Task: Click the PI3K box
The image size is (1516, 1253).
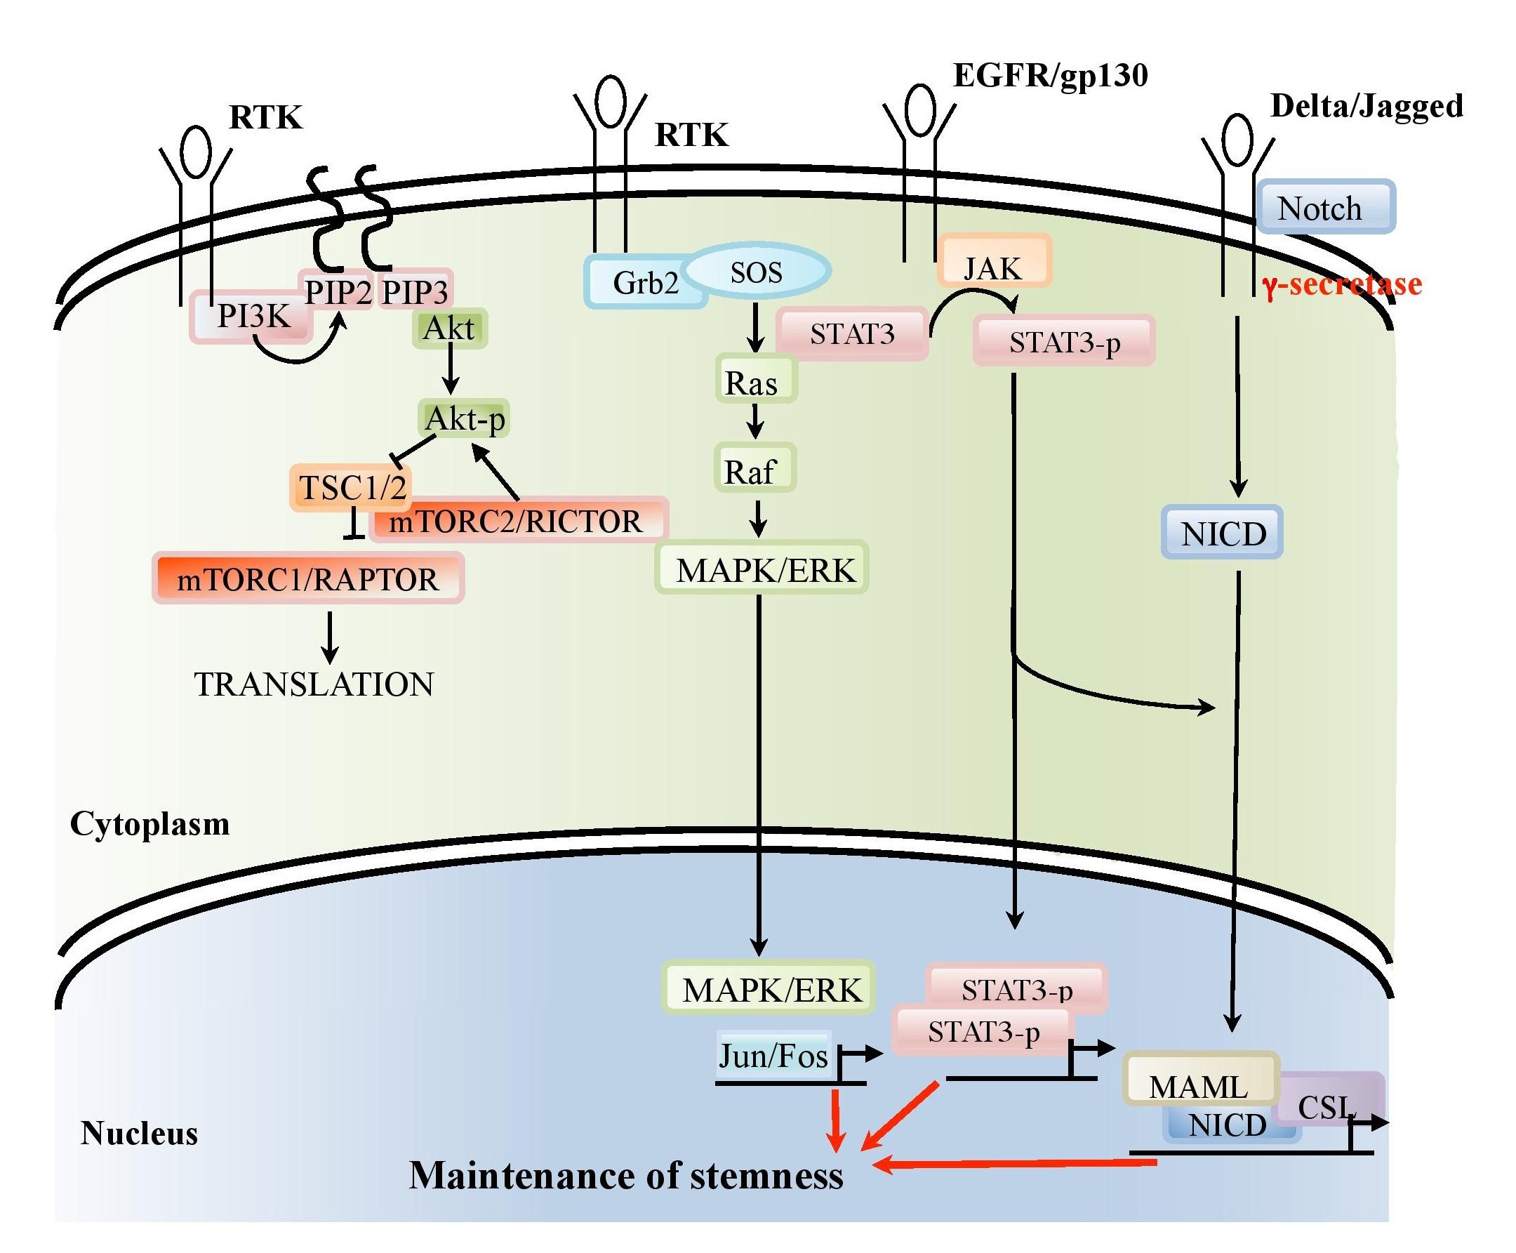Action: tap(252, 317)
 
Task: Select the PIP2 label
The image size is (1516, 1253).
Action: tap(337, 291)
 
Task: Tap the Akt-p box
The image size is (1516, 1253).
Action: tap(464, 418)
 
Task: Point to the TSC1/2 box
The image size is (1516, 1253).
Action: tap(351, 488)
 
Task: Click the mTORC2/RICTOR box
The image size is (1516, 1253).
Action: tap(517, 520)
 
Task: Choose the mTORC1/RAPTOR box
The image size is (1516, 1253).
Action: tap(308, 578)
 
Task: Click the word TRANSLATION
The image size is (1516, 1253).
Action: tap(314, 684)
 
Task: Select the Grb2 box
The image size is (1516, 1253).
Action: tap(644, 283)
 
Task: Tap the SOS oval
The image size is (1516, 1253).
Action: tap(756, 272)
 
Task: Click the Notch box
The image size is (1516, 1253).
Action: tap(1325, 208)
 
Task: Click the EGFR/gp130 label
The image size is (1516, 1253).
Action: tap(1050, 75)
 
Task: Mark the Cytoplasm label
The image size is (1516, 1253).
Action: tap(149, 823)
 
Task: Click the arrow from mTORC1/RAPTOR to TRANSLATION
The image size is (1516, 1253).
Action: tap(330, 637)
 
